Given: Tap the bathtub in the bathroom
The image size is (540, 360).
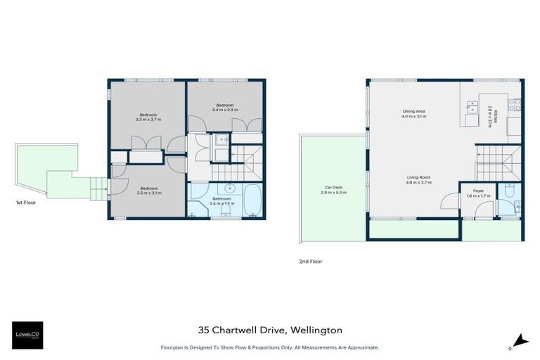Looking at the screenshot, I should click(254, 201).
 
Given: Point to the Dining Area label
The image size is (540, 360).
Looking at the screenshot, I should click(413, 114).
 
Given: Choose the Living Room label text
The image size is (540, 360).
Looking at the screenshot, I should click(418, 179).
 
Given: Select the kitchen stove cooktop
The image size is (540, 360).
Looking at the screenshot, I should click(515, 105).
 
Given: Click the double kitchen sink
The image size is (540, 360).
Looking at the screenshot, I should click(471, 108).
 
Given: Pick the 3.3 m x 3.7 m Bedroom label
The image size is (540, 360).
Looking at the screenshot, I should click(148, 117).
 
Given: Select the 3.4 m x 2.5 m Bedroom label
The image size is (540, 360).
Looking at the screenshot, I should click(225, 107).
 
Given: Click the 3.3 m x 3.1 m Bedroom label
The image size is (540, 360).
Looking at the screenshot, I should click(148, 190).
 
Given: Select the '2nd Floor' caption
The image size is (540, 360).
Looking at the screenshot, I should click(310, 261).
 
